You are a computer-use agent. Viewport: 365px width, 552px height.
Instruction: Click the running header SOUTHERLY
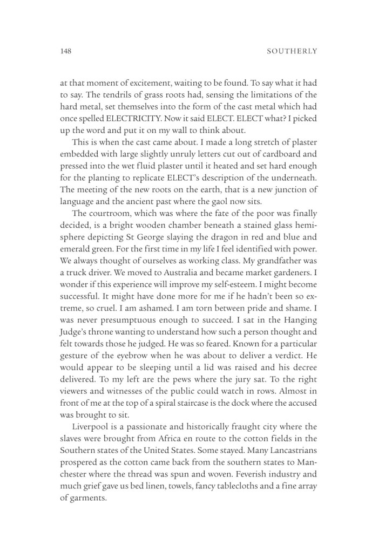pyautogui.click(x=292, y=52)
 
